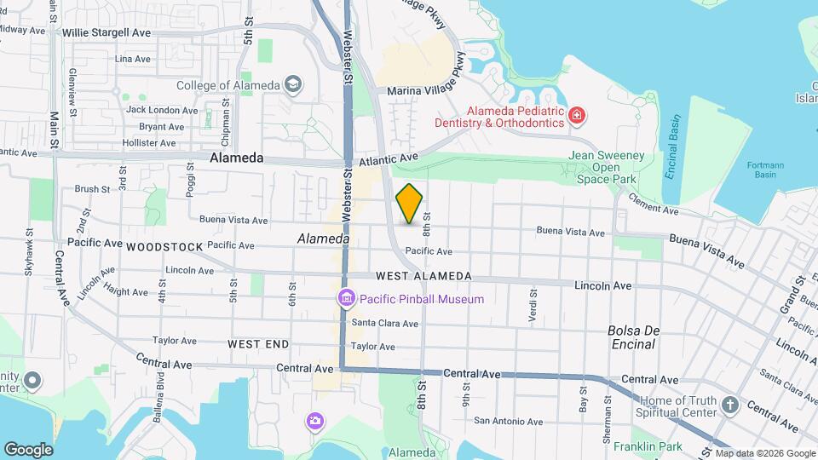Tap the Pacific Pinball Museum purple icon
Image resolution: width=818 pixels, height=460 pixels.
click(346, 299)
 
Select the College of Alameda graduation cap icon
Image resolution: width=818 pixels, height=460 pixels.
click(293, 84)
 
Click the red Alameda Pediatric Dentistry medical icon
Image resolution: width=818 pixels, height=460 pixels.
click(577, 114)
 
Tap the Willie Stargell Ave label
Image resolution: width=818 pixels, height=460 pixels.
click(107, 32)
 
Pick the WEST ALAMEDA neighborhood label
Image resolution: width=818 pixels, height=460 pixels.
click(423, 276)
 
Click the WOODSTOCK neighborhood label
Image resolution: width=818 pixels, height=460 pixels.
click(164, 247)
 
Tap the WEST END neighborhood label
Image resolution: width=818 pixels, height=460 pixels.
click(258, 344)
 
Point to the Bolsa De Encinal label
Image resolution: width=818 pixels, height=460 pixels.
click(631, 337)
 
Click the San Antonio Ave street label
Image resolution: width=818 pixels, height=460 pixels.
click(509, 421)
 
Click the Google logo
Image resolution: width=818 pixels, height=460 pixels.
click(28, 449)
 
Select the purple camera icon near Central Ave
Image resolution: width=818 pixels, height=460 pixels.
click(315, 421)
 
